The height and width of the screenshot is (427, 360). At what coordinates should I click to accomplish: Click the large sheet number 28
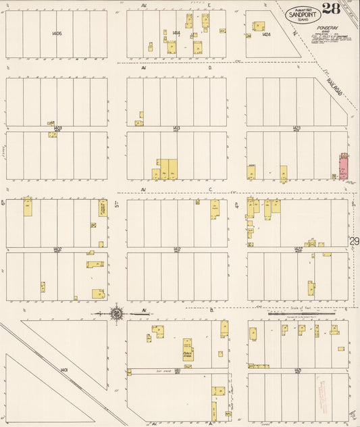[x=331, y=9]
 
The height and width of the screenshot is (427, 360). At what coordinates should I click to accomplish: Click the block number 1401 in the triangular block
[x=64, y=370]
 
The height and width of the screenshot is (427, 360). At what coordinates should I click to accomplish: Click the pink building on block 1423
[x=343, y=166]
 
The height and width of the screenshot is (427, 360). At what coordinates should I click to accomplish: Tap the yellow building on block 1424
[x=258, y=26]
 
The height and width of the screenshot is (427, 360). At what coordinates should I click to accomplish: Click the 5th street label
[x=117, y=203]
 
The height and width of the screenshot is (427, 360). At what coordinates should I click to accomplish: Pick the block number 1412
[x=176, y=249]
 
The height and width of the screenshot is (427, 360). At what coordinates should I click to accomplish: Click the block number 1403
[x=57, y=127]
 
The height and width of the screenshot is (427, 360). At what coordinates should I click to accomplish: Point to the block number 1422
[x=297, y=249]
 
